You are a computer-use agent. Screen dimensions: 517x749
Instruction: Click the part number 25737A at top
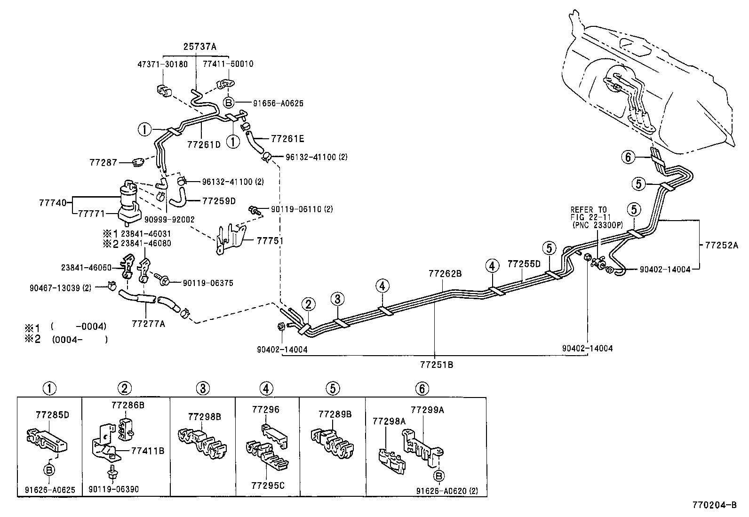tap(200, 47)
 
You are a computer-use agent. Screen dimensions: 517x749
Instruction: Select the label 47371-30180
tap(163, 64)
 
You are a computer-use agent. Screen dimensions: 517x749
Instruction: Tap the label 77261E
tap(287, 139)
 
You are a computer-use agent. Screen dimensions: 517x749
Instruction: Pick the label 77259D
tap(219, 201)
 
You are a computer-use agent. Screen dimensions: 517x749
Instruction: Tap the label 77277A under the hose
tap(148, 324)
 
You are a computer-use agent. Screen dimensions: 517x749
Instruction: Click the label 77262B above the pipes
tap(445, 273)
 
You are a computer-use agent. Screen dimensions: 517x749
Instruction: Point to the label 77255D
tap(524, 264)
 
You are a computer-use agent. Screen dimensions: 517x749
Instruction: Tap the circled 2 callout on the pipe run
tap(308, 304)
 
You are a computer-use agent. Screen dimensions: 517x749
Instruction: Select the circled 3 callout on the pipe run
tap(337, 298)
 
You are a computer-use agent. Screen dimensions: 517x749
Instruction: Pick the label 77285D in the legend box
tap(52, 414)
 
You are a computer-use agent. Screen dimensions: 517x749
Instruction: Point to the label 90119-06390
tap(113, 489)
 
